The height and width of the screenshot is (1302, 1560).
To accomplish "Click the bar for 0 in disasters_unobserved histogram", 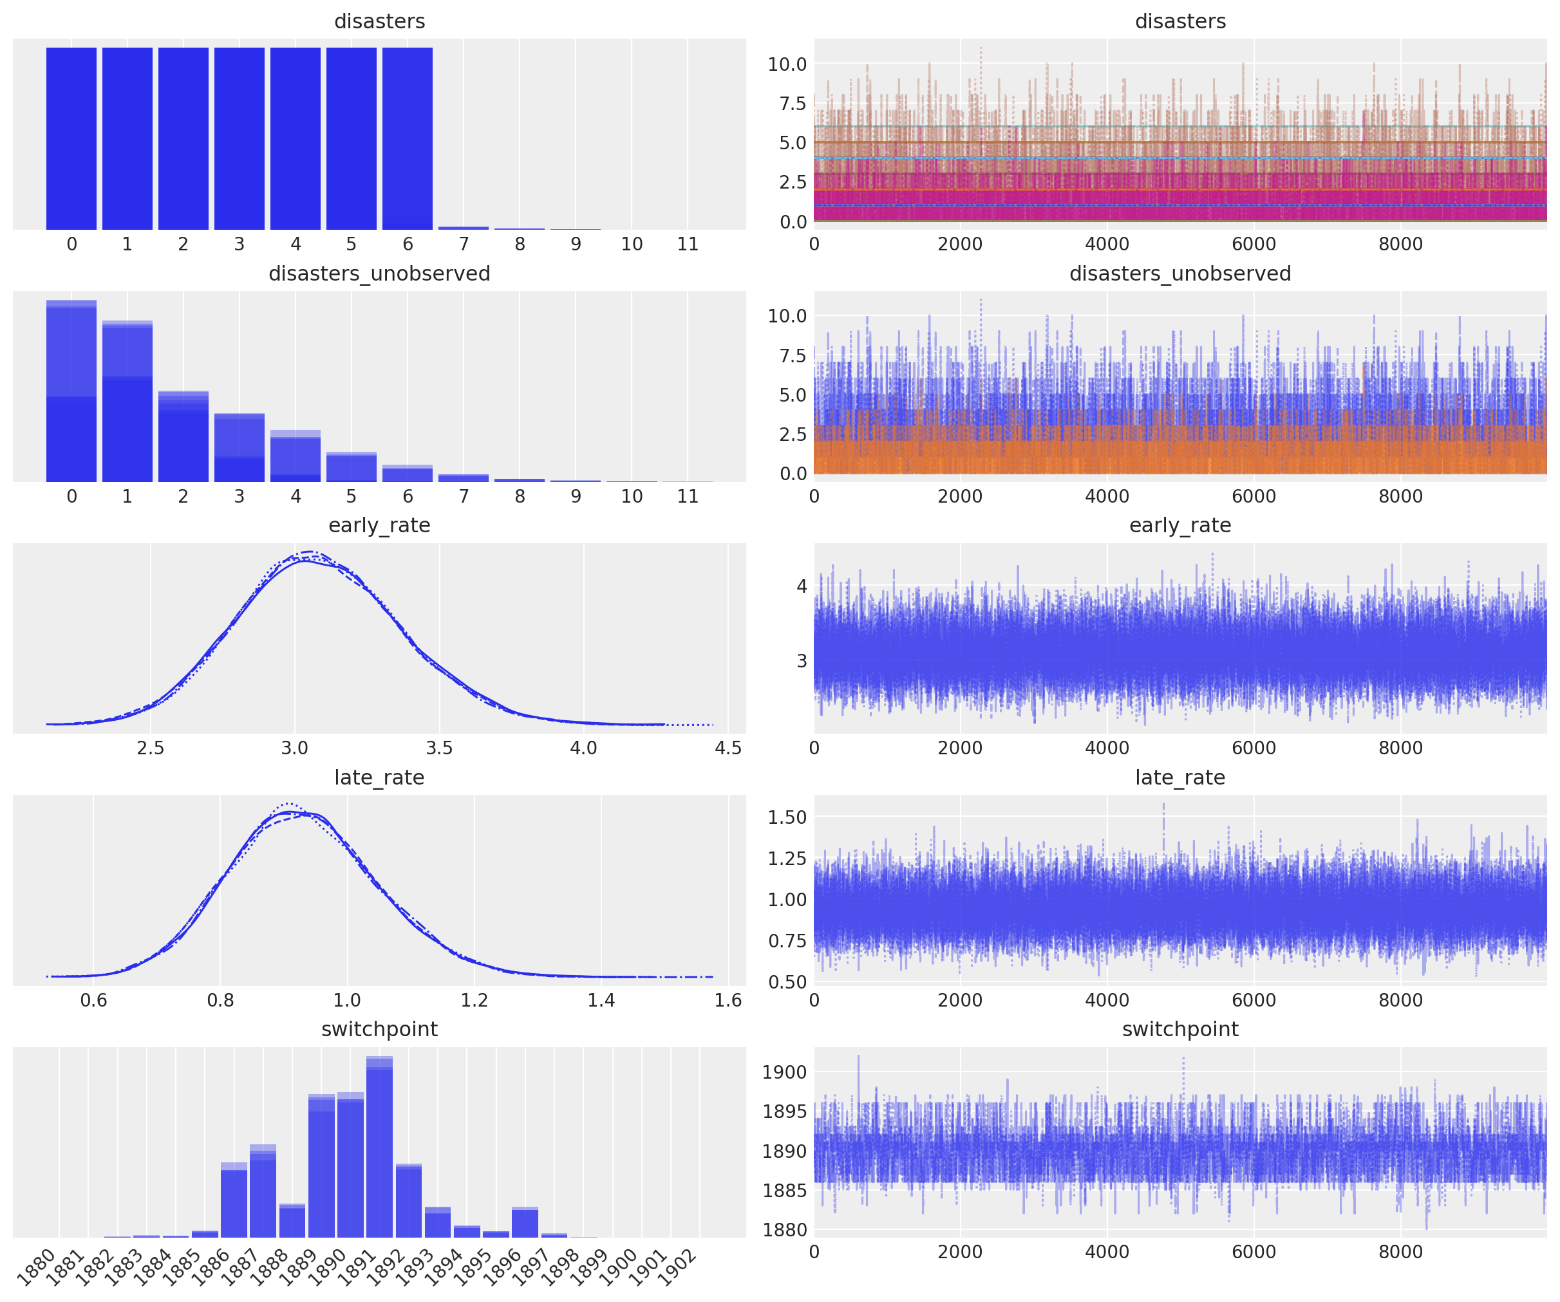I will point(71,394).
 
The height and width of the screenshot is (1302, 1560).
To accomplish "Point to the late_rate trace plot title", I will point(1179,777).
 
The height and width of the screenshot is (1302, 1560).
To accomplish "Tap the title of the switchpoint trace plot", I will point(1179,1028).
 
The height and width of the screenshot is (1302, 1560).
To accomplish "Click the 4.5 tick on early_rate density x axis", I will point(728,748).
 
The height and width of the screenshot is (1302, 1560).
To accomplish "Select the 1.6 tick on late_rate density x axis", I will point(728,1000).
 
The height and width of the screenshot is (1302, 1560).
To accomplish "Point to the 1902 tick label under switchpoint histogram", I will point(677,1268).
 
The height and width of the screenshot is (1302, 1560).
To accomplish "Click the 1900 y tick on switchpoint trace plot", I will point(784,1072).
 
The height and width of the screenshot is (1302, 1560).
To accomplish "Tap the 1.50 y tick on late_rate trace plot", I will point(786,817).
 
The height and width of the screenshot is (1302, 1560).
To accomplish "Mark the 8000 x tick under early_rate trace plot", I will point(1400,748).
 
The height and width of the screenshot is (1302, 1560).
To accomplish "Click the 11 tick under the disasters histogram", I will point(687,245).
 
